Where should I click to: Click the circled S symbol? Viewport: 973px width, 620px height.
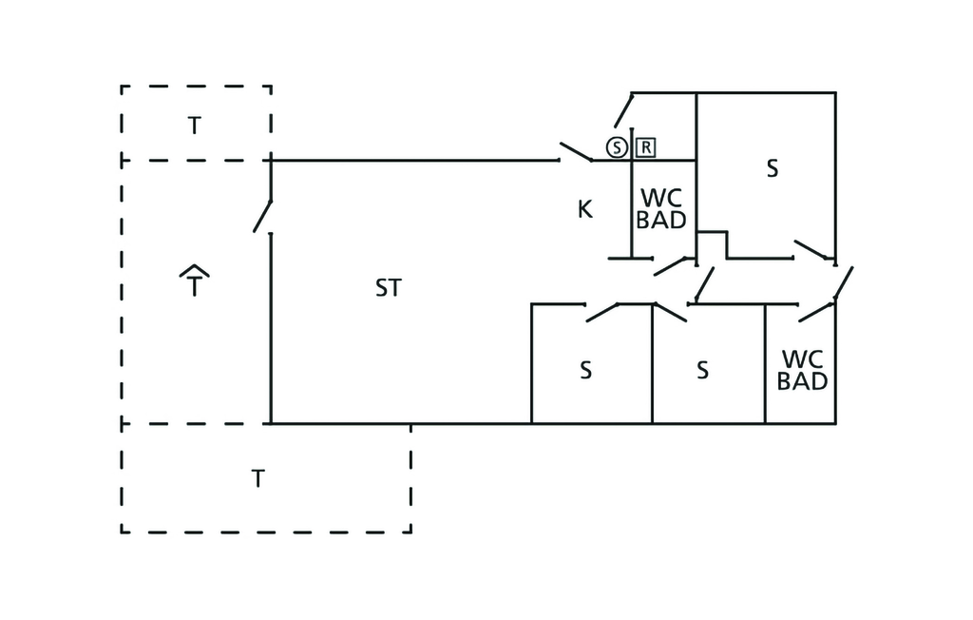pos(617,147)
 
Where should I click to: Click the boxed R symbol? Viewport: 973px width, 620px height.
pos(645,147)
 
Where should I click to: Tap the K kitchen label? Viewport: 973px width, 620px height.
pos(585,209)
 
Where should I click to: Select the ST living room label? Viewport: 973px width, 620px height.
pos(388,287)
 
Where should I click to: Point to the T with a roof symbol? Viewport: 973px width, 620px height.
pos(194,282)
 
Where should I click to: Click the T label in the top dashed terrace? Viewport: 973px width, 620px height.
pos(194,125)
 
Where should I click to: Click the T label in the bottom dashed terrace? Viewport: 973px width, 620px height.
pos(257,477)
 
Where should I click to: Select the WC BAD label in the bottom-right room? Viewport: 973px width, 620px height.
pos(802,371)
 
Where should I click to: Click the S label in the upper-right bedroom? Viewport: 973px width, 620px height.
pos(772,169)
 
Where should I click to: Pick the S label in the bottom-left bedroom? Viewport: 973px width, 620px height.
pos(585,371)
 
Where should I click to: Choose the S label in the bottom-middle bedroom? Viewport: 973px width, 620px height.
pos(702,371)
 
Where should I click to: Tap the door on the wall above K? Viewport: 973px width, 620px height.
pos(576,152)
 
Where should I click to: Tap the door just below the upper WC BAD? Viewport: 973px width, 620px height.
pos(674,265)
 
